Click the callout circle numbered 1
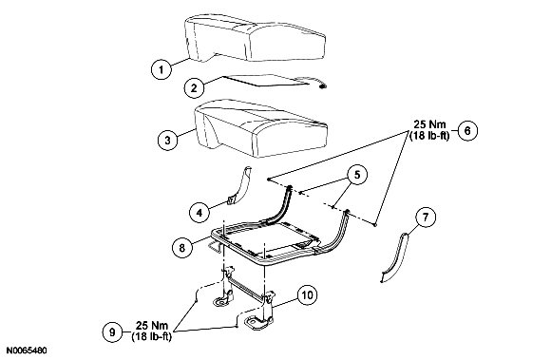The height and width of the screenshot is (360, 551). tap(161, 69)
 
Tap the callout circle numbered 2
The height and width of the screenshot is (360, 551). tap(195, 87)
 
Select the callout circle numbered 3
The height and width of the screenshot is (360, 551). tap(167, 140)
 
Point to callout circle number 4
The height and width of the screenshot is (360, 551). tap(199, 212)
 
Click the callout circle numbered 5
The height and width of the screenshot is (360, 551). tap(357, 175)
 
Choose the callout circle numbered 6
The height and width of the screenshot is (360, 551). tap(467, 130)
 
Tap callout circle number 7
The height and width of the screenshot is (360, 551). tap(426, 217)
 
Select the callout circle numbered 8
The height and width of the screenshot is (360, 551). tap(182, 248)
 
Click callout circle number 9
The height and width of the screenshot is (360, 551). tap(112, 332)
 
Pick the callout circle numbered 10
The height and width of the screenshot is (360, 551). tap(307, 295)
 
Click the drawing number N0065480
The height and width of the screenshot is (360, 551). tap(27, 351)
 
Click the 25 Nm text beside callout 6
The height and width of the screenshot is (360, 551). tap(429, 124)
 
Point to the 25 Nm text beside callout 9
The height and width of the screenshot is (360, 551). tap(152, 325)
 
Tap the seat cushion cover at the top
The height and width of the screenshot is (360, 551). tap(256, 38)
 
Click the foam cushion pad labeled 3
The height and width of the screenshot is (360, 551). tap(261, 128)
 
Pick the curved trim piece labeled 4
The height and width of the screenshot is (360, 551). tap(240, 185)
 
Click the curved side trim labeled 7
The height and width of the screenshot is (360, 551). tap(395, 257)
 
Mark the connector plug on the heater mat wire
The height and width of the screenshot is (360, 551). tap(322, 86)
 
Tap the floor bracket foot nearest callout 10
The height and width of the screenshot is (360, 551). tap(259, 321)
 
